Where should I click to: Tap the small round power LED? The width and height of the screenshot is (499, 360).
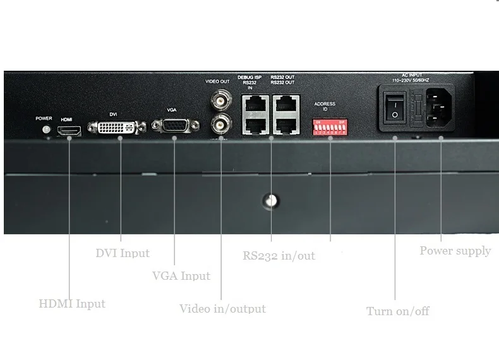(44, 129)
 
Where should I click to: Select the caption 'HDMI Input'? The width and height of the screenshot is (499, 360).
(72, 304)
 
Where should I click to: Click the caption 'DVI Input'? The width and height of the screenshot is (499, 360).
(123, 253)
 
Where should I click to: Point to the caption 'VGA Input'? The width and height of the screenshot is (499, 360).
(181, 276)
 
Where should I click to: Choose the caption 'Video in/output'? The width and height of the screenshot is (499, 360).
(222, 309)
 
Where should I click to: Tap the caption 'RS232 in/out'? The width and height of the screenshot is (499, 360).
(279, 256)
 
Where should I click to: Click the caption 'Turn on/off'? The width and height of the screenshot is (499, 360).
(398, 311)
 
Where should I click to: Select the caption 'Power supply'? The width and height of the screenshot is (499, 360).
(455, 251)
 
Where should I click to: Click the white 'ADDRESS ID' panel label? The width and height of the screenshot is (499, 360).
(325, 105)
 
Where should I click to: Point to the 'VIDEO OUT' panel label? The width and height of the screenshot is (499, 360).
(218, 81)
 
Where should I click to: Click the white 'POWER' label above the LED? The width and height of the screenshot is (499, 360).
(44, 118)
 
